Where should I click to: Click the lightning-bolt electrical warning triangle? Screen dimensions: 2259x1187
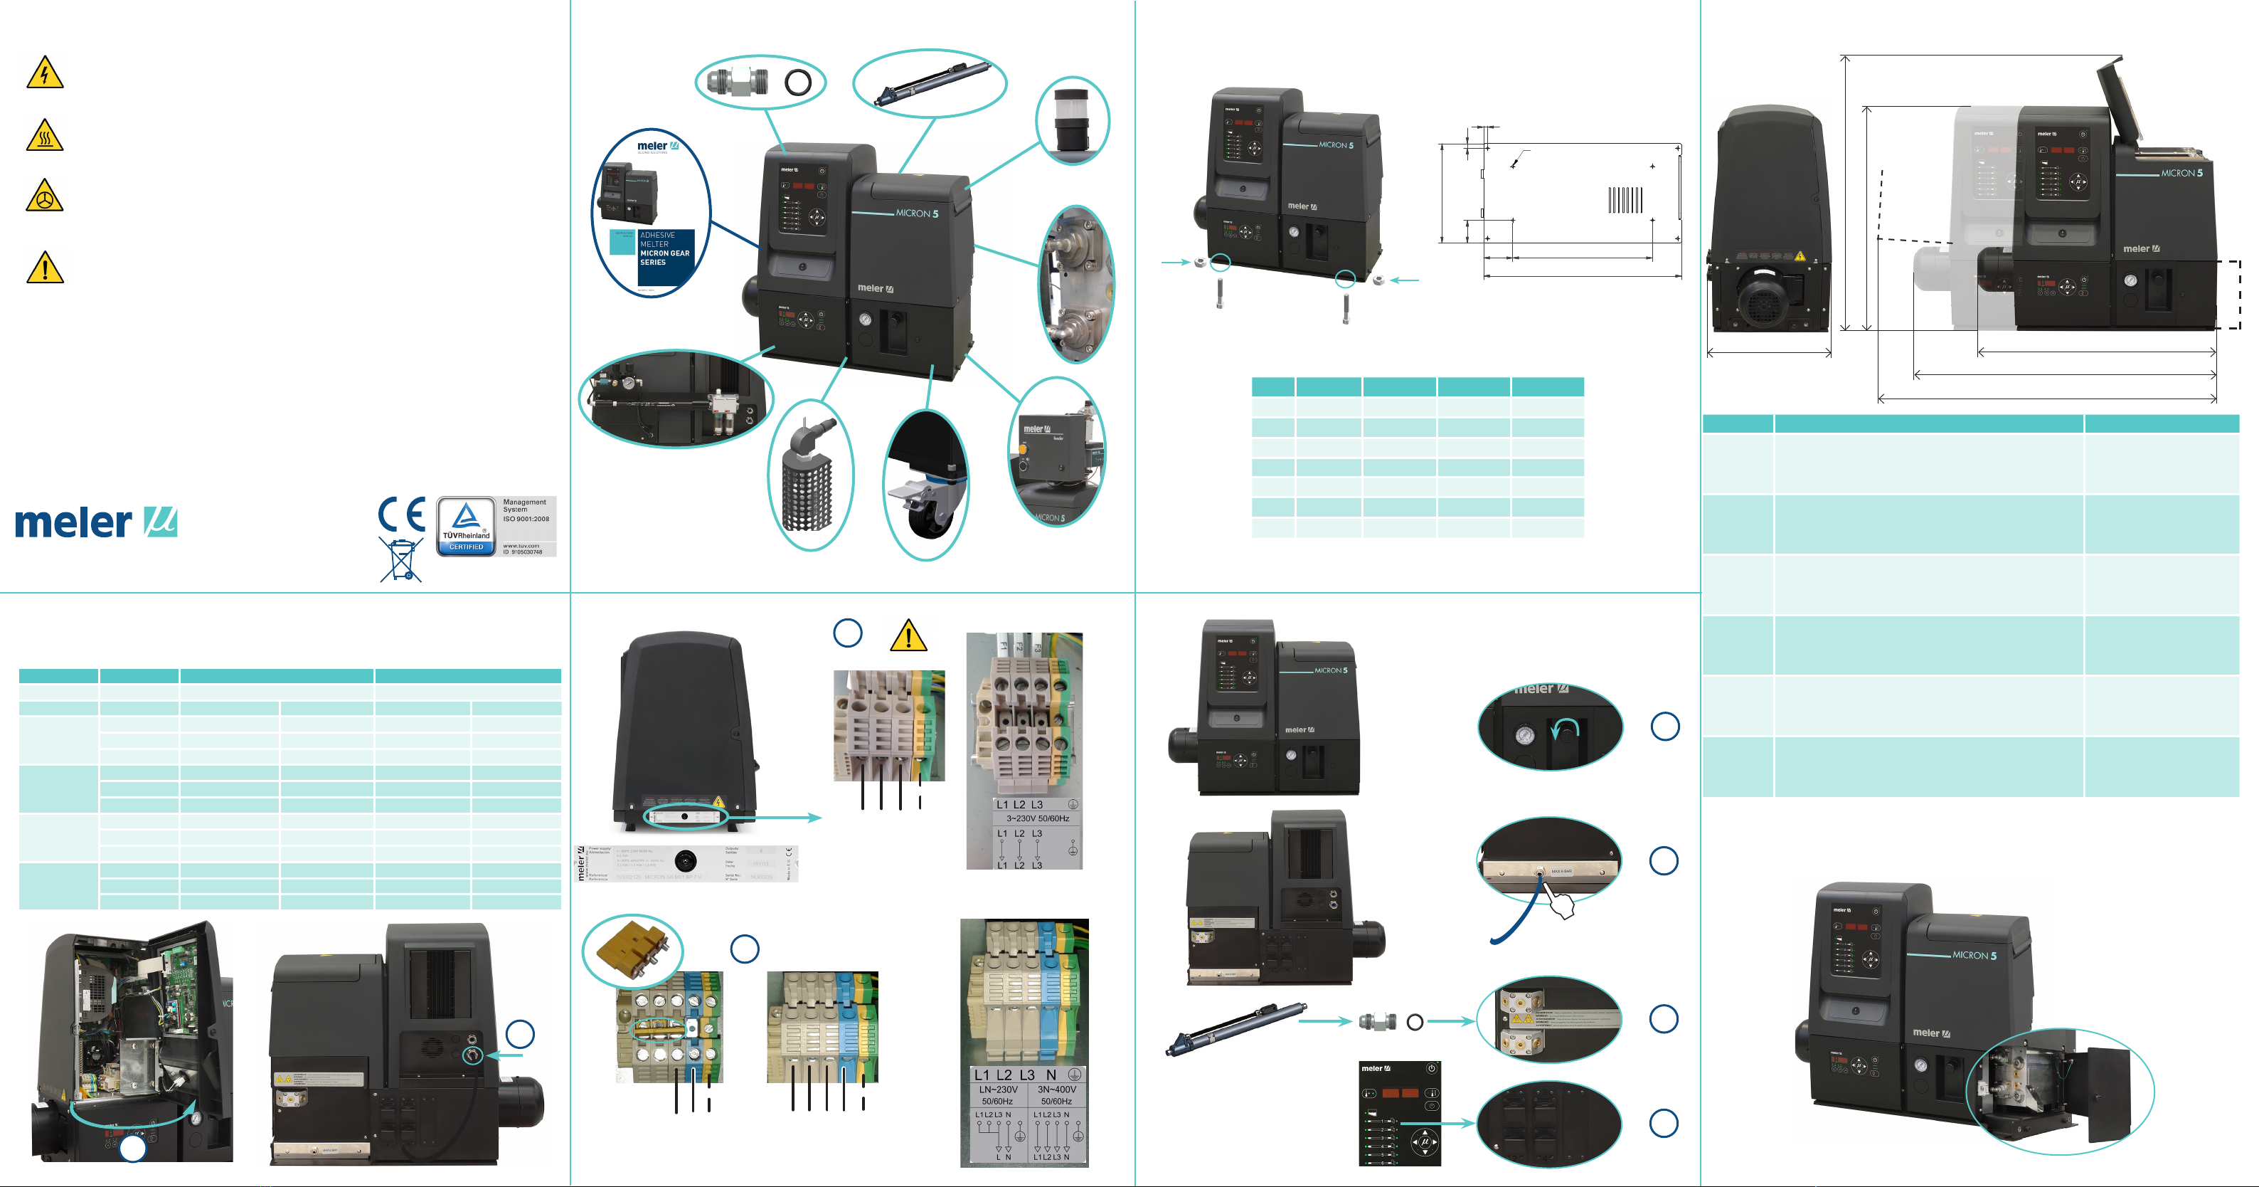[x=45, y=73]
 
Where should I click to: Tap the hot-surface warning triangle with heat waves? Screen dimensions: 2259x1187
[x=45, y=136]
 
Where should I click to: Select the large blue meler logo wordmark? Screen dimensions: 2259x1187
[x=74, y=523]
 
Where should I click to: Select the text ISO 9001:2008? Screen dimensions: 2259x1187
[x=526, y=519]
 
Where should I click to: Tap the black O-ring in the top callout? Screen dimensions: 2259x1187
[x=798, y=83]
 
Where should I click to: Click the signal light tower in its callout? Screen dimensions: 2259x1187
[x=1070, y=121]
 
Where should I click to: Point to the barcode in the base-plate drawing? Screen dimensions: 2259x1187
[x=1625, y=200]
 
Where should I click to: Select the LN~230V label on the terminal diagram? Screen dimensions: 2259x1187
[x=998, y=1090]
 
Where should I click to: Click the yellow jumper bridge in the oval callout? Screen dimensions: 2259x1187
[x=629, y=950]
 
